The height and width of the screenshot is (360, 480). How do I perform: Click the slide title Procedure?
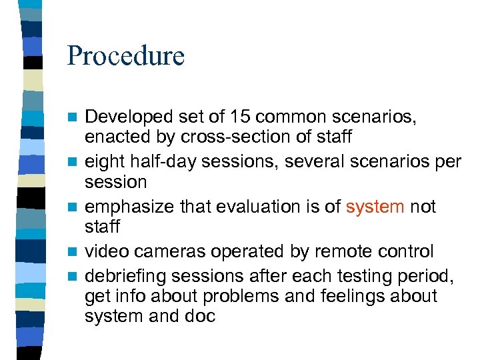coord(125,56)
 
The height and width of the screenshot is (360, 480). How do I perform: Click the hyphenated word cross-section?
coord(214,137)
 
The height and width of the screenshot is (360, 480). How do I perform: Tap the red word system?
coord(375,207)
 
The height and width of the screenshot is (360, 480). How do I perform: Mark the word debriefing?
coord(124,275)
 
